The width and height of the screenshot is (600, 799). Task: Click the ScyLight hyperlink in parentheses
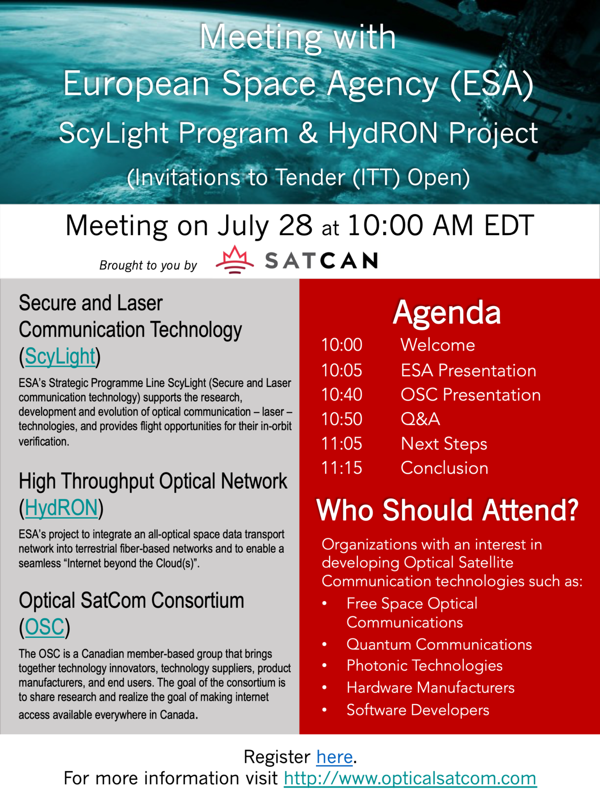(60, 356)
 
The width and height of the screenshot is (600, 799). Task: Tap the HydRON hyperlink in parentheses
(61, 508)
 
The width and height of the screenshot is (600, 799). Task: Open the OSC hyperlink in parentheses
(45, 627)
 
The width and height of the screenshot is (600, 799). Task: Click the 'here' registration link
(334, 757)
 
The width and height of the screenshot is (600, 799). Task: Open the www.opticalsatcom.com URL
(410, 778)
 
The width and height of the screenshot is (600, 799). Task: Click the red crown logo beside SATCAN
(234, 259)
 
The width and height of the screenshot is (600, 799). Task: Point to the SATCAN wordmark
(321, 261)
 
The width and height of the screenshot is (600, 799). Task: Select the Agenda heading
(447, 312)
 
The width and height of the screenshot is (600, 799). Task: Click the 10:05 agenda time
(342, 370)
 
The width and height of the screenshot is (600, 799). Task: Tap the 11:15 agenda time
(342, 468)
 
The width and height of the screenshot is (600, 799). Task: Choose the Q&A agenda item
(420, 419)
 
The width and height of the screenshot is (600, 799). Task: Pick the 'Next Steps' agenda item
(444, 444)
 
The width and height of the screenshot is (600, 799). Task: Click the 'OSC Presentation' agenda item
(471, 395)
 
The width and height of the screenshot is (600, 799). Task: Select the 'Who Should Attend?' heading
(447, 510)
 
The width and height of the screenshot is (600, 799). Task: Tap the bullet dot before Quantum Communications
(324, 645)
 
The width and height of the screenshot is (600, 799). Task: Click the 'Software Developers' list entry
(418, 710)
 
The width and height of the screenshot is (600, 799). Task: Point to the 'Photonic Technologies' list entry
(425, 666)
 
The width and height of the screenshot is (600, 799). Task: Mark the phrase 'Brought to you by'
(148, 265)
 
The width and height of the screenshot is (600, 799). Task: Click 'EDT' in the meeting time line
(509, 225)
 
